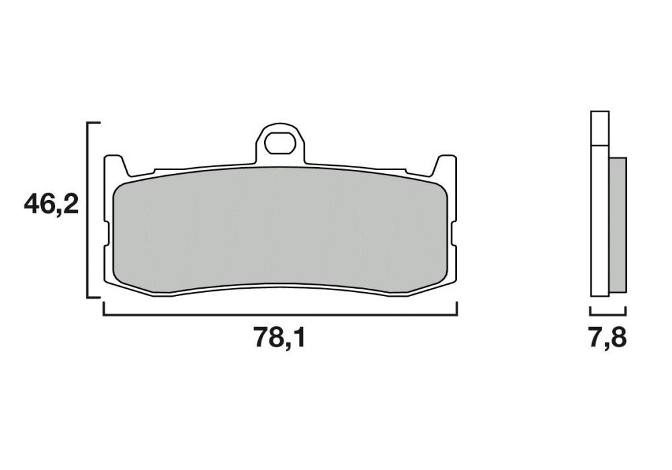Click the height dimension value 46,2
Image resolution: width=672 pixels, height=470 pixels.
point(51,204)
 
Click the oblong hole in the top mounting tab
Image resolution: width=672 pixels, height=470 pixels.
point(280,142)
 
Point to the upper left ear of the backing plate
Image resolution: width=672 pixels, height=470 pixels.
point(114,164)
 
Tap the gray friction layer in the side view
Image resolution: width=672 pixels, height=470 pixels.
point(618,225)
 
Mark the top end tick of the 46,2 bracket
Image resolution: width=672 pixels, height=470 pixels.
point(94,124)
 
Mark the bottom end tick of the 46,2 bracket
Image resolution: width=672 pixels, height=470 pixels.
point(94,296)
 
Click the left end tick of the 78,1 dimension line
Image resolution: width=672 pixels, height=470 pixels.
point(103,308)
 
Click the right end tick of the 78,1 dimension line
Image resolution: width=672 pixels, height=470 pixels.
point(457,308)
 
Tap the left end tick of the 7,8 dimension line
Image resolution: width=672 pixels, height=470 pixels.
point(590,311)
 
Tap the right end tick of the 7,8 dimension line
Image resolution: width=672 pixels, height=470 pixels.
point(626,311)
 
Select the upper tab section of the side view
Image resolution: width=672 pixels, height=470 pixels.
point(599,128)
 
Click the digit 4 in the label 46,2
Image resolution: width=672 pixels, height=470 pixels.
point(32,204)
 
